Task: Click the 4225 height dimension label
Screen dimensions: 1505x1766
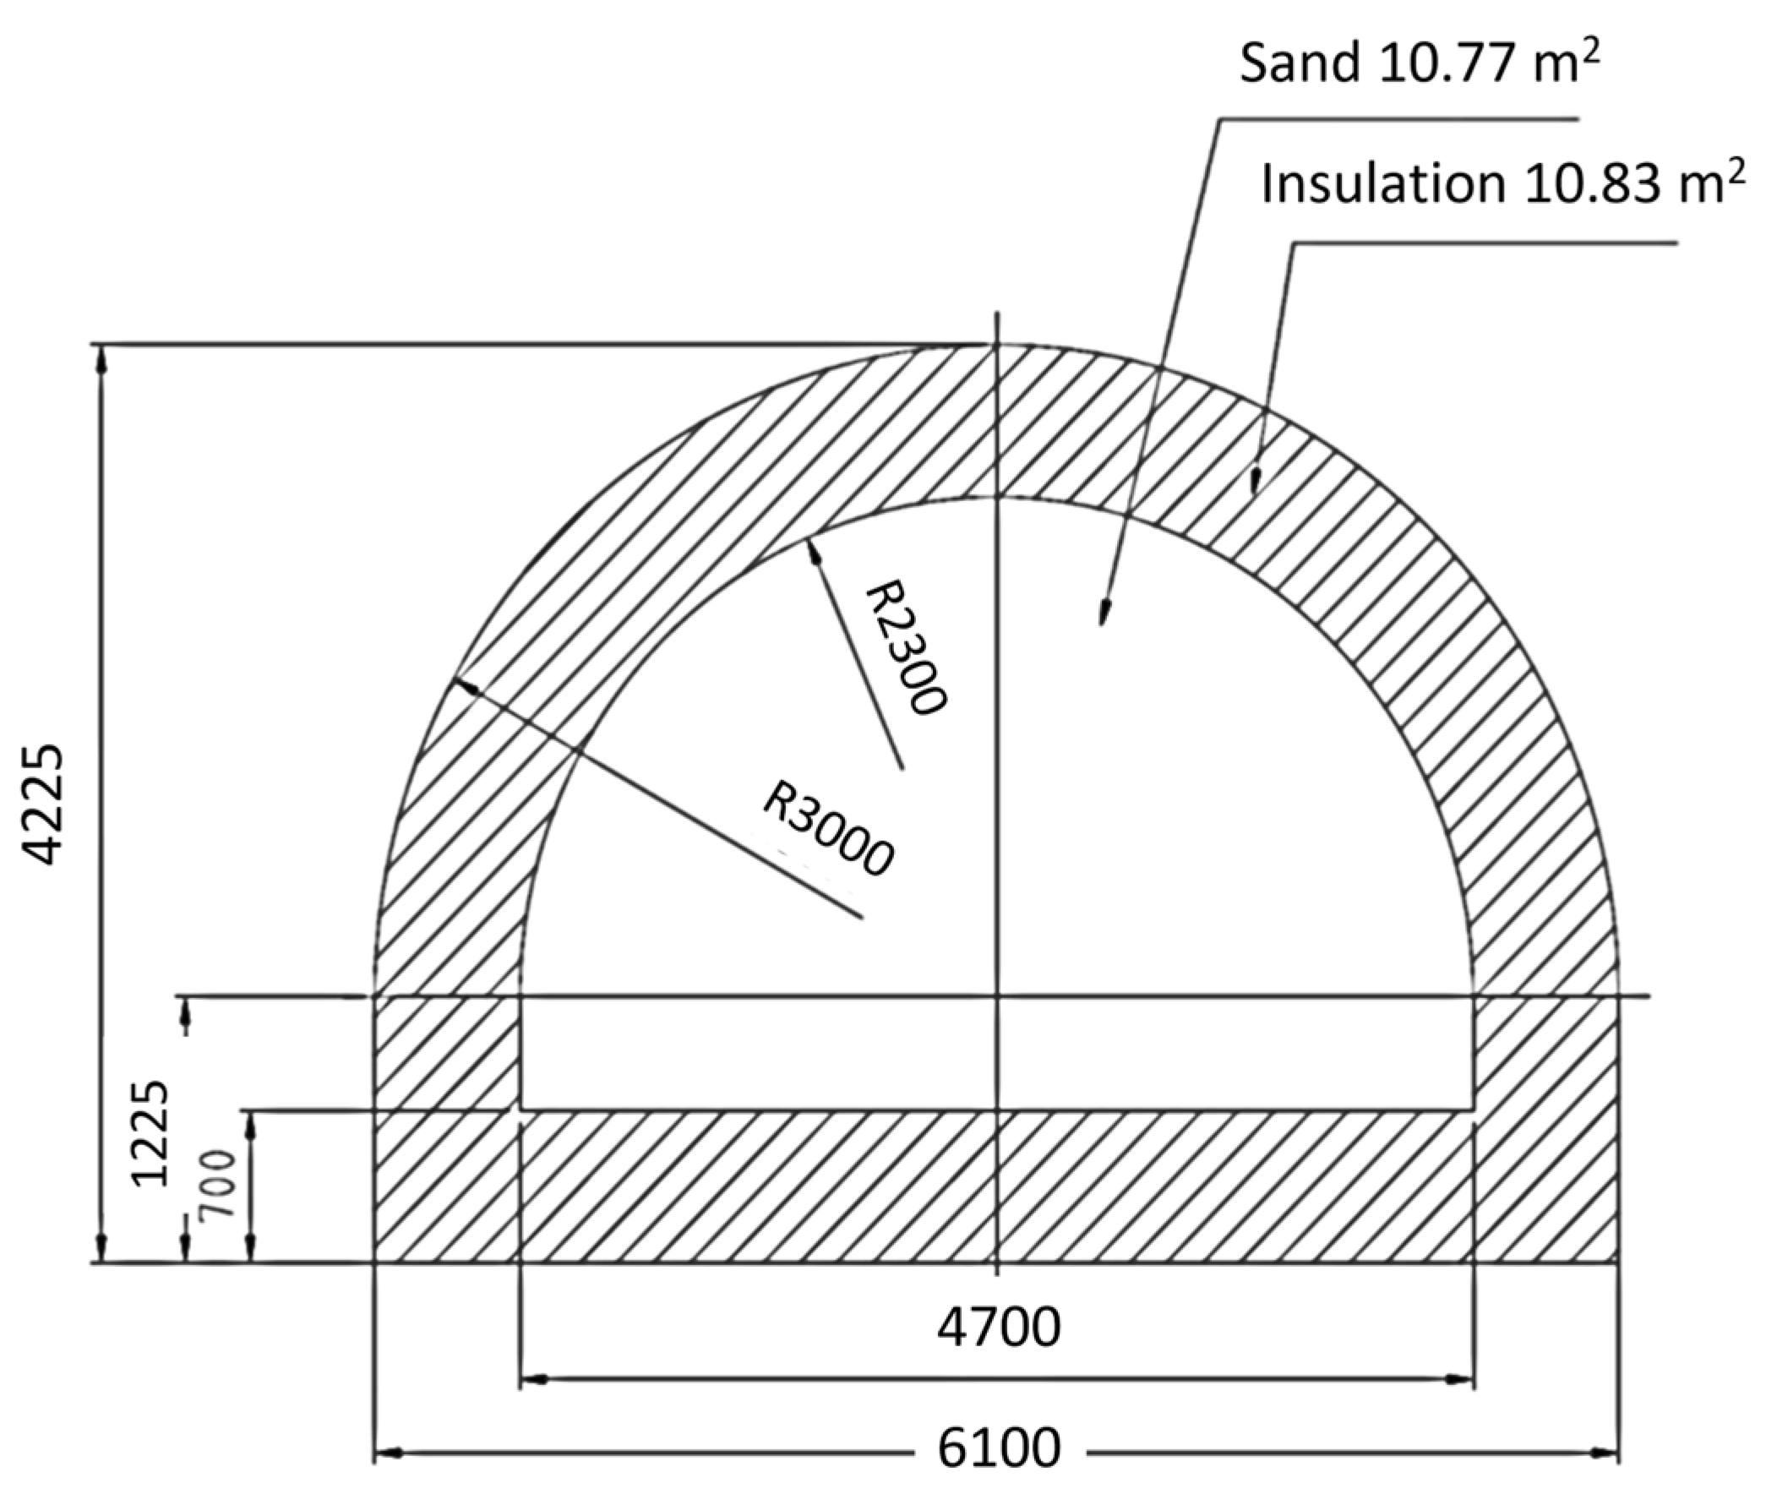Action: [42, 804]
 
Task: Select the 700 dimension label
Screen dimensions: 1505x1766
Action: [218, 1185]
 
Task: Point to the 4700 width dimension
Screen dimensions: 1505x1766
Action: [999, 1327]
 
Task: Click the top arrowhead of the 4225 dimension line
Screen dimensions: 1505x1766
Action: [102, 358]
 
